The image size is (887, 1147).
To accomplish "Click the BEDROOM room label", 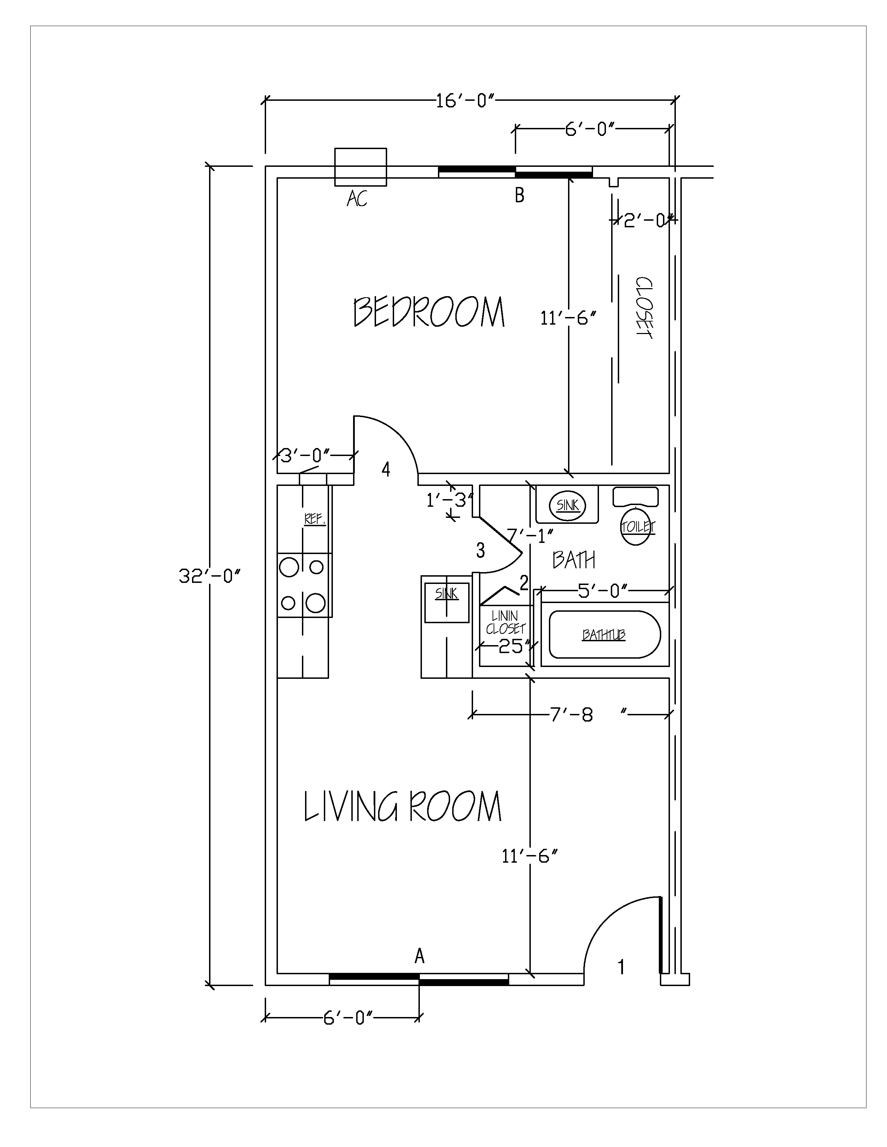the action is (429, 312).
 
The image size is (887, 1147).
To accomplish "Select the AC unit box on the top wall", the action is (360, 167).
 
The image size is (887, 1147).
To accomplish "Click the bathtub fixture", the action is (604, 634).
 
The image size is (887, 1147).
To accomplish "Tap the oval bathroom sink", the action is (568, 505).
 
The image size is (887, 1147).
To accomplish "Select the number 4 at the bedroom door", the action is (386, 469).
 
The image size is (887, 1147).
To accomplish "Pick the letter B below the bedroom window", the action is (520, 195).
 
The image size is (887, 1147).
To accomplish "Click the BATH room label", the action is (574, 560).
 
